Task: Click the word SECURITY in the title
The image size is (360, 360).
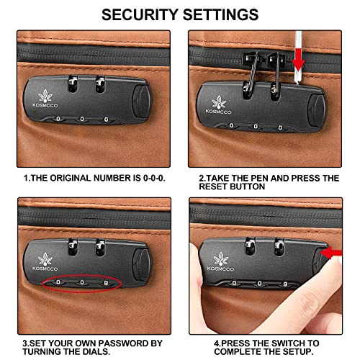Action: tap(140, 14)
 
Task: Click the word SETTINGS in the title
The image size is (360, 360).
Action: tap(221, 14)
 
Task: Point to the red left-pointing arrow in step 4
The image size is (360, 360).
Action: tap(331, 253)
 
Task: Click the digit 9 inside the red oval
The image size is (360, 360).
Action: tap(106, 283)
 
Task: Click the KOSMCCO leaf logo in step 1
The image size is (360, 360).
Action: tap(45, 96)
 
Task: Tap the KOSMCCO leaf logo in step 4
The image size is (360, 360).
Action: tap(221, 259)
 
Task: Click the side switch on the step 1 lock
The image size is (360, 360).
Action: tap(142, 102)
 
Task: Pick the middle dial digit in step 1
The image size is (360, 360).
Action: tap(82, 119)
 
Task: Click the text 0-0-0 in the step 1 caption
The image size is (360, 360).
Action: tap(154, 178)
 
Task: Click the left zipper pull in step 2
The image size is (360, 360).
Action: tap(251, 72)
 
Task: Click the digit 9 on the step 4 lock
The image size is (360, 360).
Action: tap(285, 284)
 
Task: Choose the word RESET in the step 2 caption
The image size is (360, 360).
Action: tap(212, 186)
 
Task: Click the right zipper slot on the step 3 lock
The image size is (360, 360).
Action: tap(100, 247)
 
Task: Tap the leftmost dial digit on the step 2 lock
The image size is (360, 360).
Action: tap(231, 125)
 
